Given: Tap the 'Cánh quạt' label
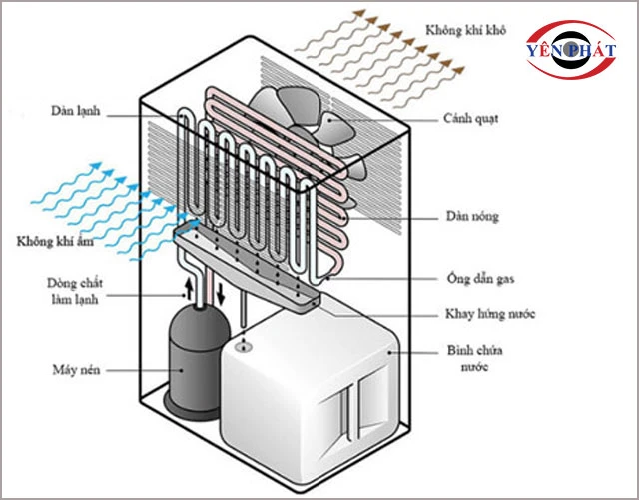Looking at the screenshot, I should [471, 118].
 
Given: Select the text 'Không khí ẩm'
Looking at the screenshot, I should [58, 242].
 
